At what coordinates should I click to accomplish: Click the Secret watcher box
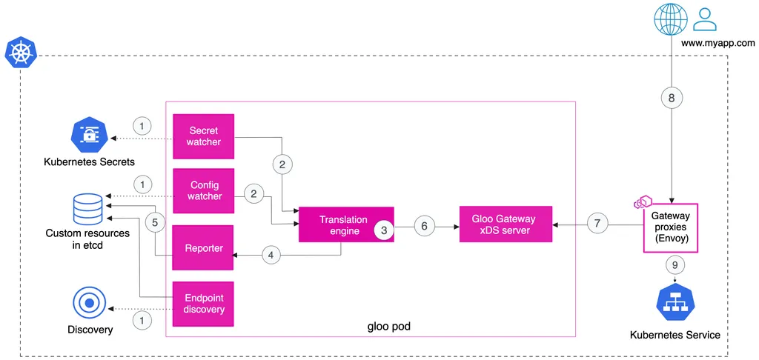click(203, 136)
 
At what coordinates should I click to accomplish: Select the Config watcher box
click(203, 190)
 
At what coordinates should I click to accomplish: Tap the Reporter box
click(203, 248)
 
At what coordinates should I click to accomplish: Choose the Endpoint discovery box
click(203, 304)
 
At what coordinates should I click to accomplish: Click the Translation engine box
click(346, 224)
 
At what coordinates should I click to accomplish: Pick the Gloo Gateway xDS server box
click(506, 224)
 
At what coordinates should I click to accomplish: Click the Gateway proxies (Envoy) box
click(670, 227)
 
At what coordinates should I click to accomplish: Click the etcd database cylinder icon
click(87, 209)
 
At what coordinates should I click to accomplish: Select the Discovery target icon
click(89, 304)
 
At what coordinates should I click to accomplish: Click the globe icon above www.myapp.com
click(670, 19)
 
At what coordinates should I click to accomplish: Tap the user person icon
click(706, 19)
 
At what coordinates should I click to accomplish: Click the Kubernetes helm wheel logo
click(21, 55)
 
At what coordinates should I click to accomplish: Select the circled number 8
click(671, 98)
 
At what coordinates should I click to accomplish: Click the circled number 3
click(384, 231)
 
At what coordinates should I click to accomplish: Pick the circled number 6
click(425, 225)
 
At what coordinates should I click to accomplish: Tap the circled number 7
click(597, 224)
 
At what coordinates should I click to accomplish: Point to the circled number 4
click(271, 255)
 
